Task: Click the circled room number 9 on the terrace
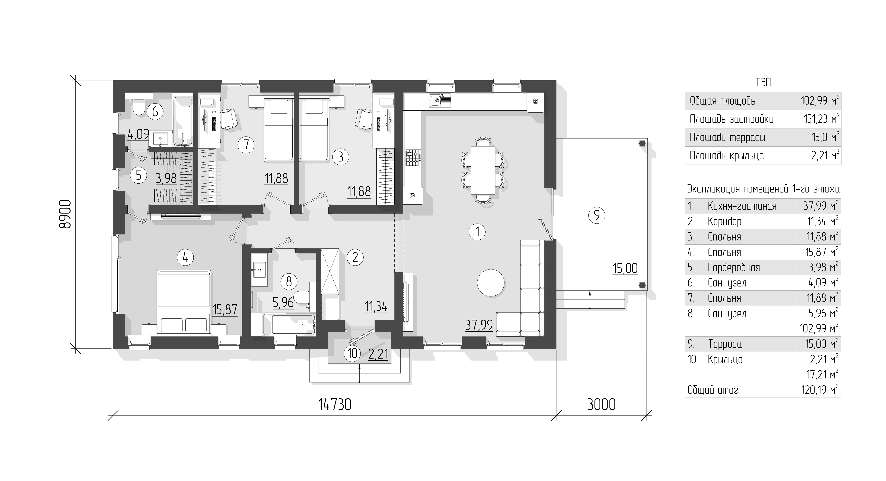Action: tap(597, 215)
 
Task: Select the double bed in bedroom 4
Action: tap(184, 302)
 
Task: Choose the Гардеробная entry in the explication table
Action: tap(734, 268)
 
